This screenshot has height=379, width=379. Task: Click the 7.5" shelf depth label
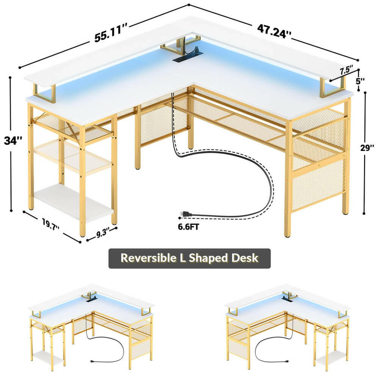pos(346,70)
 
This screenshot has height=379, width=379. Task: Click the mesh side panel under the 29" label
pos(318,182)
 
